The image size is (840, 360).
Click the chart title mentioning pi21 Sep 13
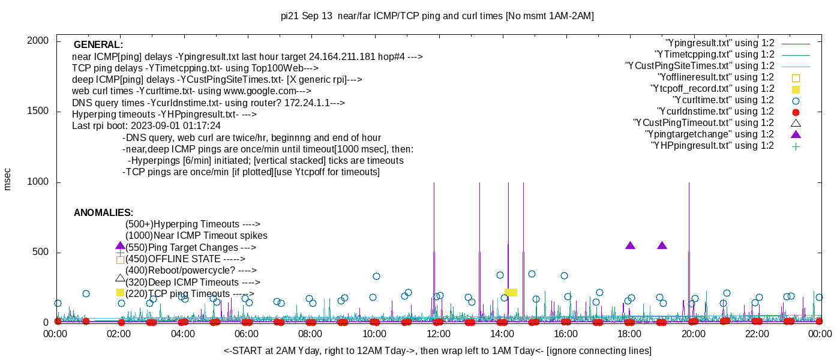437,16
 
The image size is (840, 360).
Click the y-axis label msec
8,179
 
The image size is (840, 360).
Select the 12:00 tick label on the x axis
438,334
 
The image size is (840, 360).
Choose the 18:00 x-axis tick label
629,334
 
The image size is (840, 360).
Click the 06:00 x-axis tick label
247,334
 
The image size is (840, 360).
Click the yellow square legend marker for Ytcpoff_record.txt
796,89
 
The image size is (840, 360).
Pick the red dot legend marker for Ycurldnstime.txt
796,112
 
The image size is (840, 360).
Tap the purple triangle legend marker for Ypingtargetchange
796,134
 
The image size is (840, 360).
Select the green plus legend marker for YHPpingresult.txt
796,146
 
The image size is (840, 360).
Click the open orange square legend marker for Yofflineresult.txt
796,77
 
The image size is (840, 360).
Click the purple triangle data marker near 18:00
630,245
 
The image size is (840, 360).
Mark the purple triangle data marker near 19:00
662,245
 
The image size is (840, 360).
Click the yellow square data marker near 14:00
511,292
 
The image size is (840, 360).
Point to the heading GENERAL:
98,45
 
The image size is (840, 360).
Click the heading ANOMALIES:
103,213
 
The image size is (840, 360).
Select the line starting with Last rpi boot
146,126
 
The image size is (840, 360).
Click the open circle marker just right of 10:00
376,277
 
